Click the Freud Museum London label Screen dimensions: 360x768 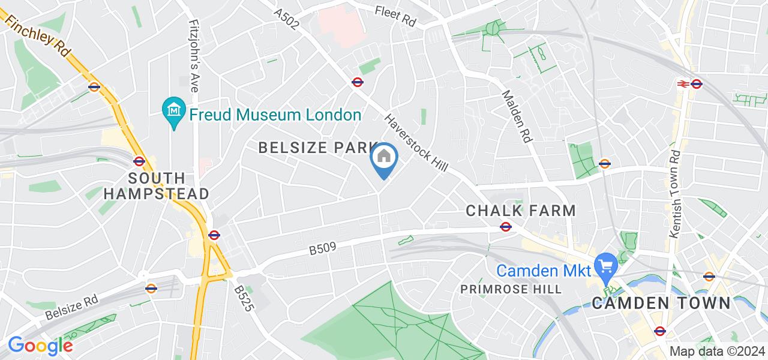(275, 115)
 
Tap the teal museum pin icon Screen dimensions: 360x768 (174, 111)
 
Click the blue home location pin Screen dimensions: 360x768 (384, 158)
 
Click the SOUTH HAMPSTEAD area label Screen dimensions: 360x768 (156, 186)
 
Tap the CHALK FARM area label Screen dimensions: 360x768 (521, 211)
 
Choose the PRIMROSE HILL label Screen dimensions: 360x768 (511, 289)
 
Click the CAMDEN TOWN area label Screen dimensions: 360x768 (661, 303)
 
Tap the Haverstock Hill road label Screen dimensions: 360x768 (416, 144)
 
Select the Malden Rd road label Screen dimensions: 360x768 (517, 116)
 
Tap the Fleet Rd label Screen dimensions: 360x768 (395, 16)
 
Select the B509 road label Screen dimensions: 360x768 (322, 247)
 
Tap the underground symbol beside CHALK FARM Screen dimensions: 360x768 (506, 227)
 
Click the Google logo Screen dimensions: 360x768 (40, 346)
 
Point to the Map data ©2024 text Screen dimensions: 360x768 (718, 351)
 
